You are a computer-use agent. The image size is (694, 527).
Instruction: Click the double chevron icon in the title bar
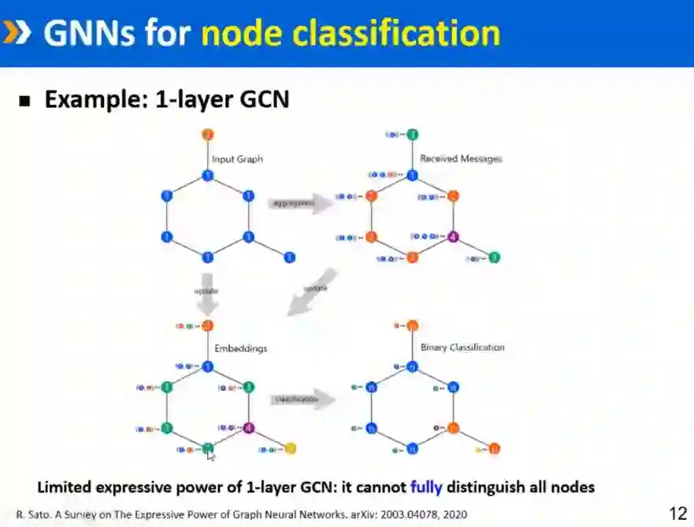coord(18,32)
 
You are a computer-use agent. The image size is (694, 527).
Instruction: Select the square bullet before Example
coord(24,102)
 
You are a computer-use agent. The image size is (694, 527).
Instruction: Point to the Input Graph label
coord(237,159)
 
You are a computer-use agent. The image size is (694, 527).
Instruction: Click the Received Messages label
coord(461,158)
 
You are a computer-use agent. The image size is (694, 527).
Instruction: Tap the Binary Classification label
coord(462,347)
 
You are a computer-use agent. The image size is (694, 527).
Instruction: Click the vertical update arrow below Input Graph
coord(207,292)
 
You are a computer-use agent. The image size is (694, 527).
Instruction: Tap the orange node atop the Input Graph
coord(208,135)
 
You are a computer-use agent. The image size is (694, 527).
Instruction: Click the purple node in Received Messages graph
coord(453,236)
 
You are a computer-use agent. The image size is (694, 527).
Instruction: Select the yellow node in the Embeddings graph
coord(290,449)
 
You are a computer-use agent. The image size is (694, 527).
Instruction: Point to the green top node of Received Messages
coord(412,135)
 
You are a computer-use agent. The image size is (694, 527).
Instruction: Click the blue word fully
coord(426,487)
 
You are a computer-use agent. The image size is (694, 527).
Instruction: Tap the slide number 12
coord(677,514)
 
